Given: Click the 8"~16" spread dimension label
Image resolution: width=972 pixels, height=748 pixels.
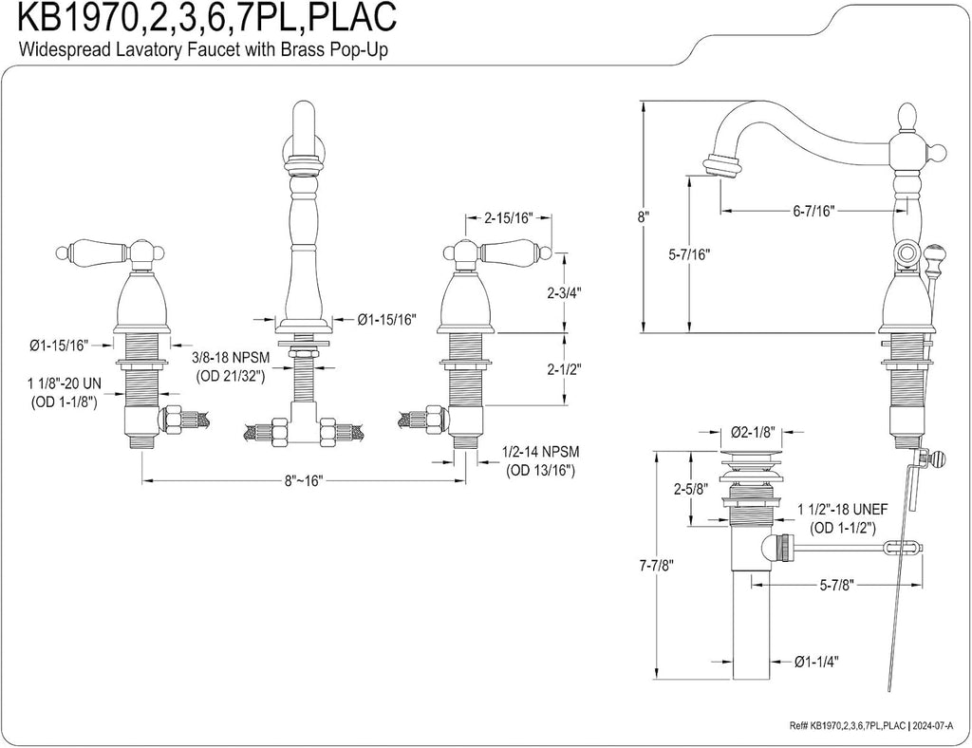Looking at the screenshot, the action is click(304, 481).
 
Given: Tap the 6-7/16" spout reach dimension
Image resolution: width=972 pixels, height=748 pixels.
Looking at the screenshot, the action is click(813, 211).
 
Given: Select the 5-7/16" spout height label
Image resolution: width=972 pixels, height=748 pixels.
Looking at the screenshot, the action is click(689, 253).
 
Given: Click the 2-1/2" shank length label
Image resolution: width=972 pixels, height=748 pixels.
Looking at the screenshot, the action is click(565, 369).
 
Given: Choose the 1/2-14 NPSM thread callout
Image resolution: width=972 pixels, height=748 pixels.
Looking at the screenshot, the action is click(540, 461).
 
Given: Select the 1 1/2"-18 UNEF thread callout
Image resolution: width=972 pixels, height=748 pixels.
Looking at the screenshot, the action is click(843, 518).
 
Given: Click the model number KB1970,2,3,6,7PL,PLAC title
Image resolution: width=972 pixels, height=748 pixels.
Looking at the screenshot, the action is click(208, 19).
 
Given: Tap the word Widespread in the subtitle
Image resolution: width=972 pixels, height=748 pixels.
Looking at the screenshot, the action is click(54, 49).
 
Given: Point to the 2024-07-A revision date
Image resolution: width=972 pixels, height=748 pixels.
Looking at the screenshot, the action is click(935, 724).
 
